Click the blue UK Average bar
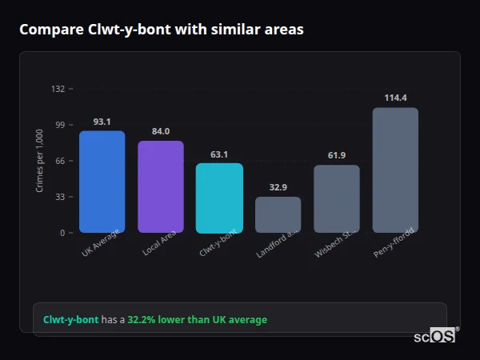[102, 182]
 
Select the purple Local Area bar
[160, 186]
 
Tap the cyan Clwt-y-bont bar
[219, 198]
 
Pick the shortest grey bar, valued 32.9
[278, 214]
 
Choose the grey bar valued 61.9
[336, 198]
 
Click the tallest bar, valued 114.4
[395, 170]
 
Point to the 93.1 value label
[102, 122]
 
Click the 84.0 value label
[160, 131]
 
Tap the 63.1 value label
[219, 154]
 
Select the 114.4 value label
[395, 98]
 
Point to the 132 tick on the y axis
[58, 89]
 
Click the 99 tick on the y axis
[59, 125]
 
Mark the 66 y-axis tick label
[59, 161]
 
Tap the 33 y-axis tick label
[59, 197]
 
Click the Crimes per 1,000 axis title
[40, 161]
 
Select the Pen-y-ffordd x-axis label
[394, 242]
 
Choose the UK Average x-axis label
[101, 242]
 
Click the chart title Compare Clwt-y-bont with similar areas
[161, 30]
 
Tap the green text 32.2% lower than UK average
[198, 320]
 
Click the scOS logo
[435, 336]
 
